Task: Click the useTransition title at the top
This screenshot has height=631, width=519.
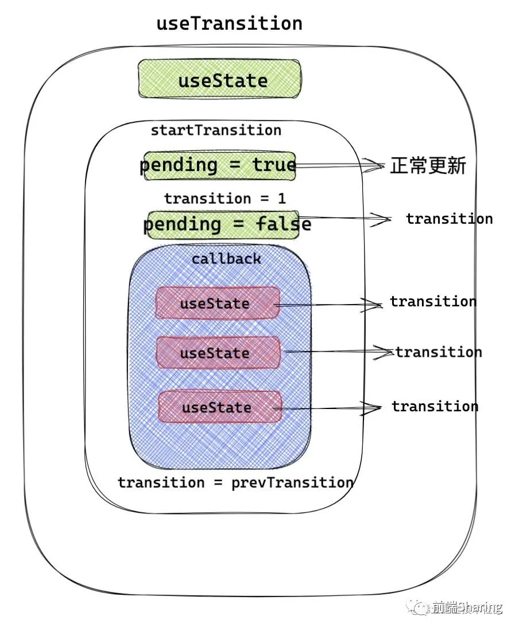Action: click(229, 24)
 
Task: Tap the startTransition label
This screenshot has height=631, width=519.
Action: click(216, 130)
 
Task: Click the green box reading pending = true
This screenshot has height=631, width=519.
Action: click(219, 166)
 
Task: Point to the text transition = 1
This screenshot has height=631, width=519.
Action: click(224, 198)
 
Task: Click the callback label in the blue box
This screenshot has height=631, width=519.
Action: click(226, 259)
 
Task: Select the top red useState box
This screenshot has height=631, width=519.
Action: click(217, 303)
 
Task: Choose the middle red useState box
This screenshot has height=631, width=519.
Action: click(218, 353)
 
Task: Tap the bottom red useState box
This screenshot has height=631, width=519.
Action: click(219, 407)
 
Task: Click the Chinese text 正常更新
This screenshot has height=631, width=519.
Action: click(428, 166)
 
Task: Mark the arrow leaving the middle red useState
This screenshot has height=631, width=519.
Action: click(336, 352)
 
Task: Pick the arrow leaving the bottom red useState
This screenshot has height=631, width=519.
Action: click(327, 408)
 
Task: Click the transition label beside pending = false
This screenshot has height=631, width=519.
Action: click(449, 219)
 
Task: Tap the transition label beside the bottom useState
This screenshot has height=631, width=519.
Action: click(435, 407)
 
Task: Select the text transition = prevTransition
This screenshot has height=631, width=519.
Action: click(235, 482)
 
